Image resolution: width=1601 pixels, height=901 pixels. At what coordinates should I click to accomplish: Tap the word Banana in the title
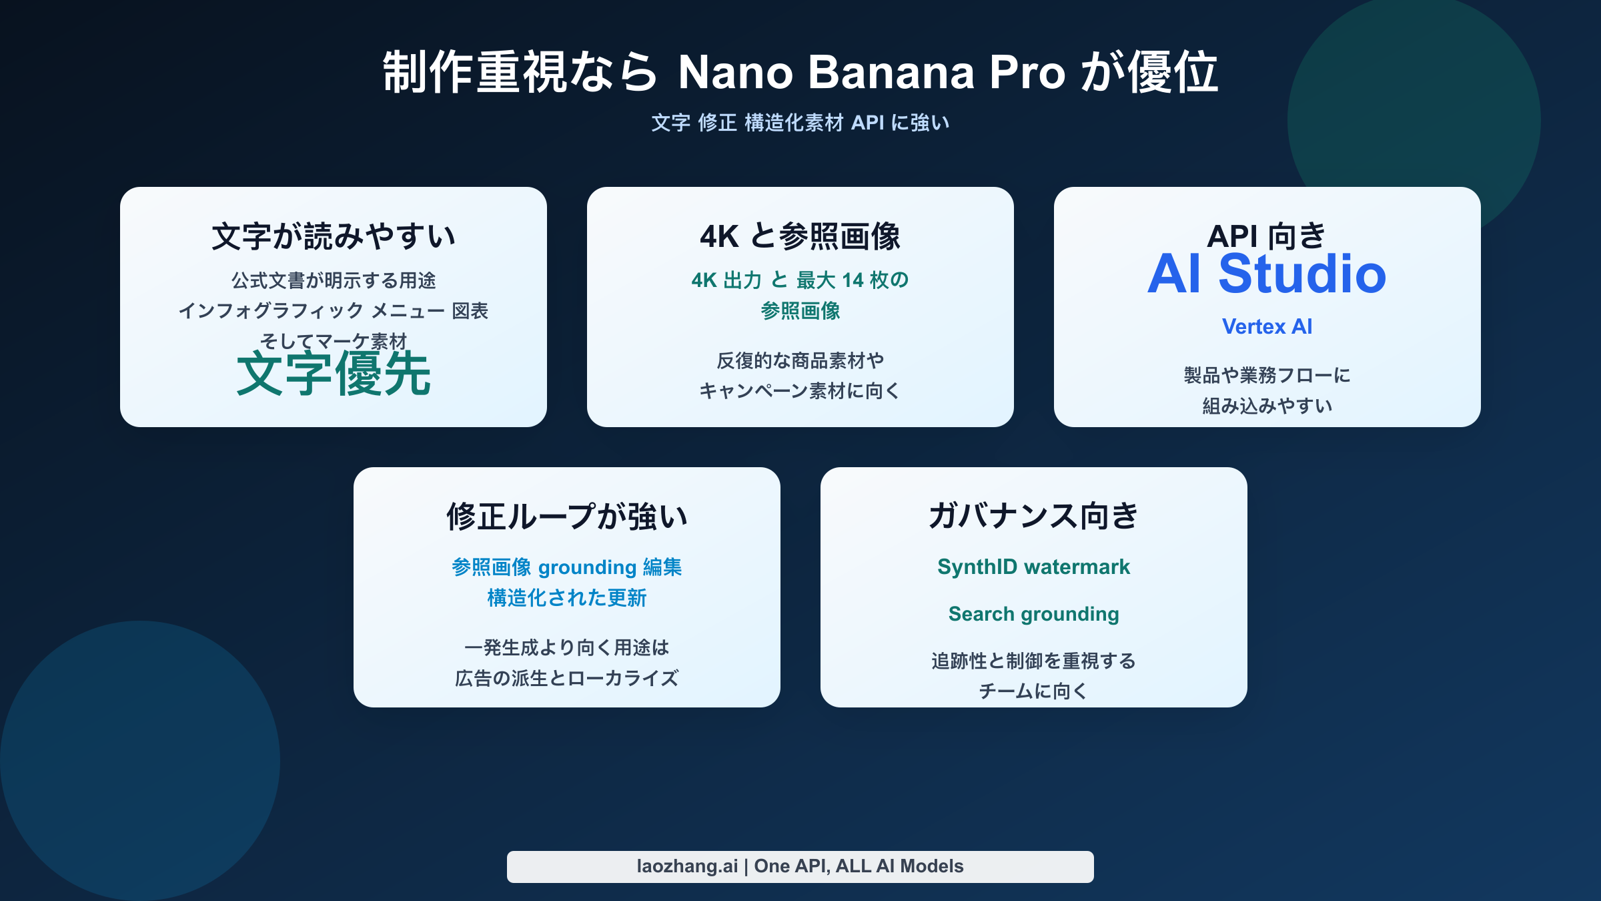click(x=891, y=72)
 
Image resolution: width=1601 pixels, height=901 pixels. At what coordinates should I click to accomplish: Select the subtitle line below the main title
click(x=800, y=123)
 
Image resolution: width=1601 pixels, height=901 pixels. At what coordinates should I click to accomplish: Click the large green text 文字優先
click(x=334, y=374)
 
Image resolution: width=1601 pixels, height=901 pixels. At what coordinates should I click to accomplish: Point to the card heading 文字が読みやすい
click(x=334, y=237)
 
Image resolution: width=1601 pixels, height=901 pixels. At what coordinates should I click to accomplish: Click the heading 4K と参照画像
click(x=800, y=237)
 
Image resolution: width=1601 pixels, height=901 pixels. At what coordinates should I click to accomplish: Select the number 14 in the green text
click(x=853, y=280)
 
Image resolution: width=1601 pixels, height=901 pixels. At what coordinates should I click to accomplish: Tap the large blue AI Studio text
click(x=1267, y=274)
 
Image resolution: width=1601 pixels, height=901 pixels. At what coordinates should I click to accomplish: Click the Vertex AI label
click(x=1267, y=326)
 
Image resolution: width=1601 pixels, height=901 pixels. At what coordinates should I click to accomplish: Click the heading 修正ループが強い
click(x=567, y=517)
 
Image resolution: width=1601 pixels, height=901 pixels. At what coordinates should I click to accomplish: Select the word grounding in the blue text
click(x=587, y=567)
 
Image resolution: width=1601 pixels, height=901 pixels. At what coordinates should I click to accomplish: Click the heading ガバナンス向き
click(x=1033, y=517)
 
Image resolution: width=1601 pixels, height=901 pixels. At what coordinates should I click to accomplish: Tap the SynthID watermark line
click(x=1033, y=567)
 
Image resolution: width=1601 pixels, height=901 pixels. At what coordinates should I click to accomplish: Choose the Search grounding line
click(x=1033, y=614)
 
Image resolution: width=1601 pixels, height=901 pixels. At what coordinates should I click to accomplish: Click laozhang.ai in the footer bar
click(x=687, y=866)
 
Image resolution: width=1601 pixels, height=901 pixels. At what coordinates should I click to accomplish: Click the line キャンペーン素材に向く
click(x=800, y=391)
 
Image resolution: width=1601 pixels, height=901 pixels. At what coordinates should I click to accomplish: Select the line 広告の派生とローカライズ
click(x=567, y=678)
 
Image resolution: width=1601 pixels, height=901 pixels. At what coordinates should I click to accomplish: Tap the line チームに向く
click(x=1033, y=691)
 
